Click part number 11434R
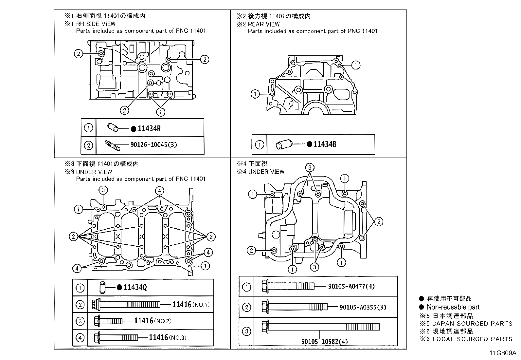point(149,128)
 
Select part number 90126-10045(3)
point(153,144)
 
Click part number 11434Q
point(135,287)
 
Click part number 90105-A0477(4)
point(351,286)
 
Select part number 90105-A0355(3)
point(363,307)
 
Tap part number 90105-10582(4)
point(325,342)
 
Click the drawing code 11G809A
point(502,353)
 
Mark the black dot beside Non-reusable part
point(422,307)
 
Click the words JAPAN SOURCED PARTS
point(472,324)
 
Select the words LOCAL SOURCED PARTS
point(472,339)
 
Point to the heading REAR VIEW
point(264,24)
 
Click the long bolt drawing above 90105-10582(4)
point(320,327)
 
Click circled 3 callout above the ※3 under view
point(103,190)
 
